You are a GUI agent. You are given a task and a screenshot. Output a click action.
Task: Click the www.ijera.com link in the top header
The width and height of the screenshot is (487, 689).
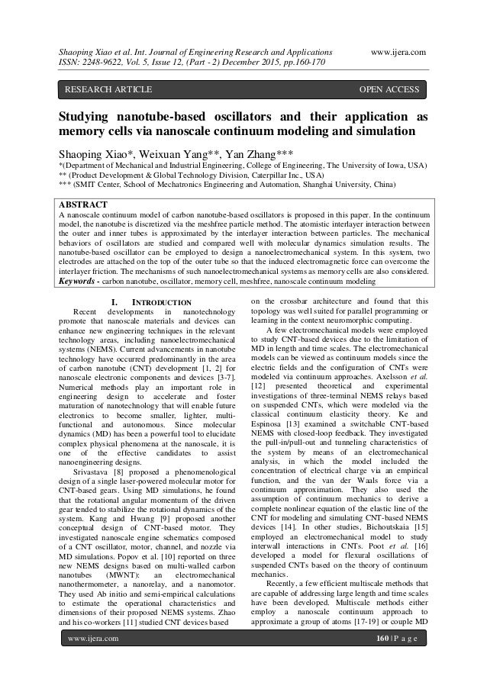[397, 50]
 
